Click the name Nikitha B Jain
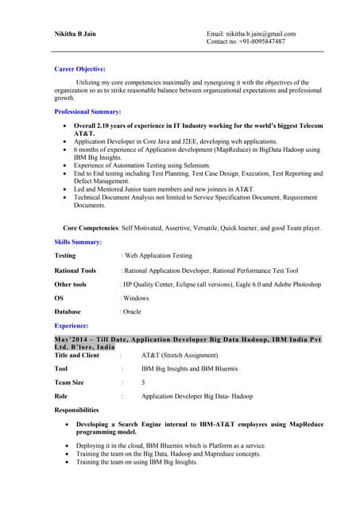[78, 34]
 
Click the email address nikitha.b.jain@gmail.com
[263, 34]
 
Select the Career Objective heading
[79, 69]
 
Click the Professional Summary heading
[87, 112]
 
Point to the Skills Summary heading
[78, 241]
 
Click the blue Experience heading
[72, 326]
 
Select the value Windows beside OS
[136, 297]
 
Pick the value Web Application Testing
[158, 256]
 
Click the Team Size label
[68, 383]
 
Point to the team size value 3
[143, 383]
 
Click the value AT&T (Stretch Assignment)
[181, 356]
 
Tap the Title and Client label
[76, 356]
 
